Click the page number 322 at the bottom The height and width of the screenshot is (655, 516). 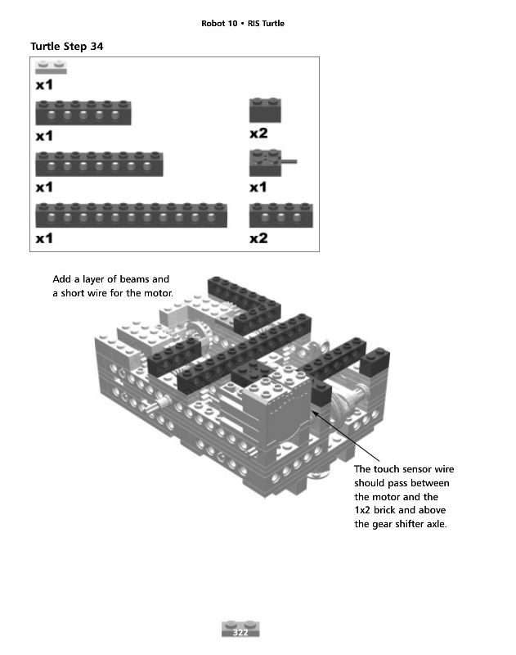[241, 633]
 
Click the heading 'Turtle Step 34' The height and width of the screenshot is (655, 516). [66, 46]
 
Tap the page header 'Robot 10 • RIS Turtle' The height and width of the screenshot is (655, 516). [243, 23]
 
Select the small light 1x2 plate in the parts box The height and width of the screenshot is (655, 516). [52, 68]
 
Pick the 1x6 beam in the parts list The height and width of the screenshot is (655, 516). [83, 113]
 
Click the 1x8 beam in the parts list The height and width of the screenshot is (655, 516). [101, 164]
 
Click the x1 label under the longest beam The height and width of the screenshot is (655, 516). [44, 238]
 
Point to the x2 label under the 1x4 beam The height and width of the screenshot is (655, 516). [258, 238]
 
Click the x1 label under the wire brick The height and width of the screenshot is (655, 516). [258, 187]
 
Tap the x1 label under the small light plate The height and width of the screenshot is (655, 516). [44, 84]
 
